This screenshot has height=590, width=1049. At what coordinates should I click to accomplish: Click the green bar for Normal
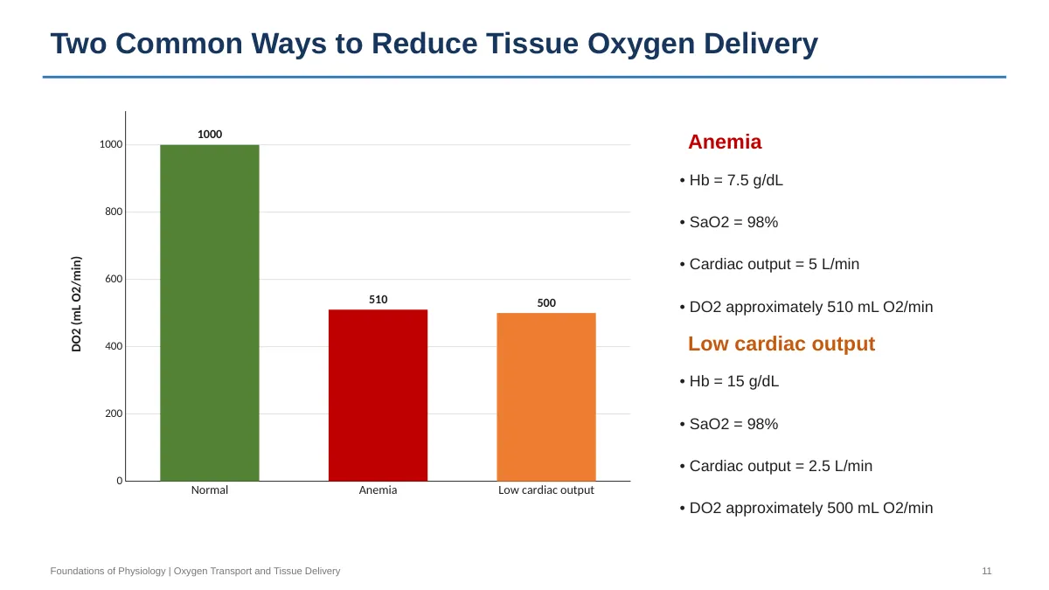[209, 313]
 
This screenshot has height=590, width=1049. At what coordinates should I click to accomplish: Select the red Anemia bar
[378, 395]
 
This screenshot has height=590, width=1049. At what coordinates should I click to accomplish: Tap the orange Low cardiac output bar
[546, 397]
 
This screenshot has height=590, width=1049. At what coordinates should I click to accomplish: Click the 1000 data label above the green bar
[209, 135]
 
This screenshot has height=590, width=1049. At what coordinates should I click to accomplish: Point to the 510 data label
[378, 300]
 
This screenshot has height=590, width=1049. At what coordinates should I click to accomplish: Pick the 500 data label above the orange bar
[546, 303]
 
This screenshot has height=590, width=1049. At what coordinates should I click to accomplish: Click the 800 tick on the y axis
[114, 212]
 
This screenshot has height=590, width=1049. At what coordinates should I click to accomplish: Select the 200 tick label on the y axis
[114, 413]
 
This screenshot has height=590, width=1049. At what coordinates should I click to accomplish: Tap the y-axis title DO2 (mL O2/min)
[76, 304]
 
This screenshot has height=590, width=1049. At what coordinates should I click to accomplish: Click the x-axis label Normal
[209, 490]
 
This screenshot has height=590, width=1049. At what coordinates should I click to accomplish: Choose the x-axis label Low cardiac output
[546, 490]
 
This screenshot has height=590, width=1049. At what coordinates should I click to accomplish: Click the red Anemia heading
[725, 142]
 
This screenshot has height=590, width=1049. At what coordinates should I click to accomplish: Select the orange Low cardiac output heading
[782, 344]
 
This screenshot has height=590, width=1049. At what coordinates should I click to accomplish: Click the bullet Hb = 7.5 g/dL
[731, 180]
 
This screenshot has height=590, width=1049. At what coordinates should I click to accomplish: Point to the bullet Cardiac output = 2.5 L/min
[776, 466]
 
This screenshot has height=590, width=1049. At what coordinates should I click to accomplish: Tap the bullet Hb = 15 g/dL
[729, 381]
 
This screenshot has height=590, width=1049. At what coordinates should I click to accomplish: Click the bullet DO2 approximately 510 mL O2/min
[806, 307]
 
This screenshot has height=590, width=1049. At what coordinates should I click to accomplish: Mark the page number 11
[987, 572]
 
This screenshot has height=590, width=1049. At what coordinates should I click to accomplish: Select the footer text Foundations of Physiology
[108, 572]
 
